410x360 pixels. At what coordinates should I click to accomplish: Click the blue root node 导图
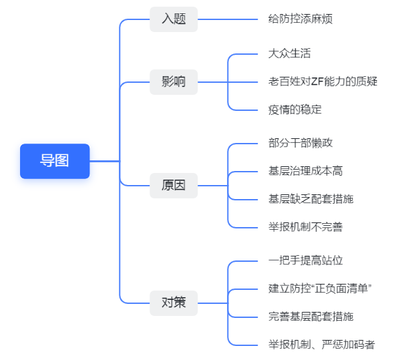click(x=55, y=161)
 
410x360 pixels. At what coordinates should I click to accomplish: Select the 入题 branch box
click(x=174, y=19)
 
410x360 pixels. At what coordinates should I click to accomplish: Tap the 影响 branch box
click(x=174, y=82)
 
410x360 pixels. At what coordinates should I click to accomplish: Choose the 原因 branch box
click(x=174, y=186)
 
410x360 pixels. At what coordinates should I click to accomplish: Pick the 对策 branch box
click(x=174, y=303)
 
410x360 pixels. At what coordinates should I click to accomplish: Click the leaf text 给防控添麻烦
click(x=300, y=19)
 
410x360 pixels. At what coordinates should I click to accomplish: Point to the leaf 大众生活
click(x=289, y=53)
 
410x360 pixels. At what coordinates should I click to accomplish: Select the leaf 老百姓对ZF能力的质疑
click(x=323, y=81)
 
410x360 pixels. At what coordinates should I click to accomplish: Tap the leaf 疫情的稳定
click(x=295, y=110)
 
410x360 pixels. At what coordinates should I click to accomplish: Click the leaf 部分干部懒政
click(x=300, y=143)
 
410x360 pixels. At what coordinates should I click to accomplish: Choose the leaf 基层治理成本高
click(x=306, y=171)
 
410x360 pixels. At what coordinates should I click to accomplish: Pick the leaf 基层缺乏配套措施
click(x=311, y=199)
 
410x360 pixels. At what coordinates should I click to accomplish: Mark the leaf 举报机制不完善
click(x=306, y=227)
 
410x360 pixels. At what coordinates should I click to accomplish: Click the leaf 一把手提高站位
click(x=306, y=260)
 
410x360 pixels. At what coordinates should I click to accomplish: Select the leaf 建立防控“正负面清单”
click(x=320, y=289)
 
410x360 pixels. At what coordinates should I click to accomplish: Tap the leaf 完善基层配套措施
click(x=311, y=317)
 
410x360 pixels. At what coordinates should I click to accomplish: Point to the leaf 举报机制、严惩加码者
click(x=322, y=345)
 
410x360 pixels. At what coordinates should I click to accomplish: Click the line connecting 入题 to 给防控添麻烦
click(x=228, y=19)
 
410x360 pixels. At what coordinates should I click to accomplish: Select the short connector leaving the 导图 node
click(x=105, y=161)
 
